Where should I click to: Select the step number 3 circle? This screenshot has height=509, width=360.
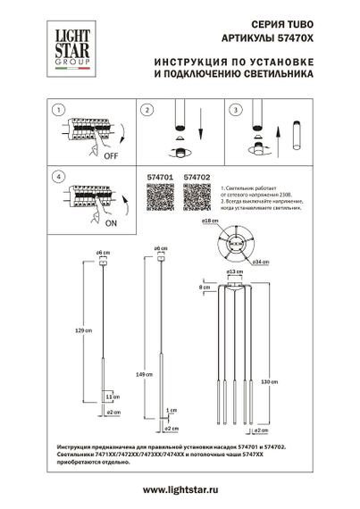tap(237, 109)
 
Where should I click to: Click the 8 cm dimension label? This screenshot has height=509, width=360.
tap(205, 288)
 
